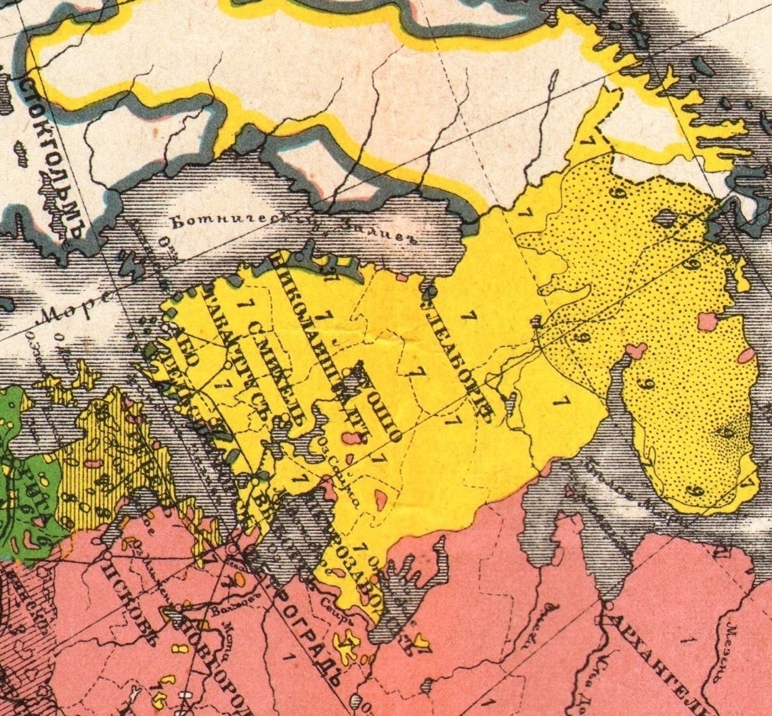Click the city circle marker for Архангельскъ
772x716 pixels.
(609, 605)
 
